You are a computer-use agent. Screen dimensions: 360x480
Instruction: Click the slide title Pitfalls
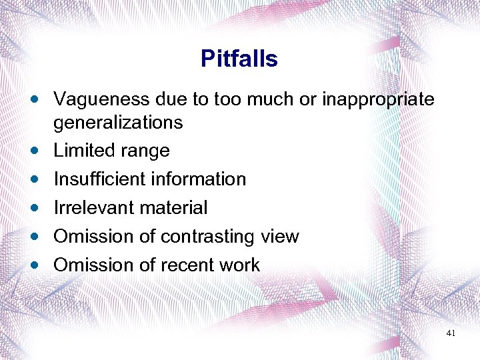239,59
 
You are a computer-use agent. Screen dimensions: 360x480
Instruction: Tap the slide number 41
450,333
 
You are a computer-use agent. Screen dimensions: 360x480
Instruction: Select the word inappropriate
378,100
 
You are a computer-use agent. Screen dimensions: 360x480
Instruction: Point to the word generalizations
118,123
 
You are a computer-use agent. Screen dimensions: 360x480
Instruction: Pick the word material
172,208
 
